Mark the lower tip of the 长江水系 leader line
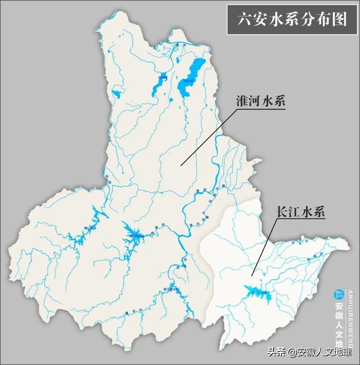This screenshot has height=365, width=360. [253, 275]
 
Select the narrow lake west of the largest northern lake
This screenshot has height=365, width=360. [157, 84]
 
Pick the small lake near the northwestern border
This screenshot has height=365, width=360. [116, 93]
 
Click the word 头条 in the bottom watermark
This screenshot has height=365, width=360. [275, 353]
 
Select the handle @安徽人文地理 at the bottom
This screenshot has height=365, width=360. [319, 353]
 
